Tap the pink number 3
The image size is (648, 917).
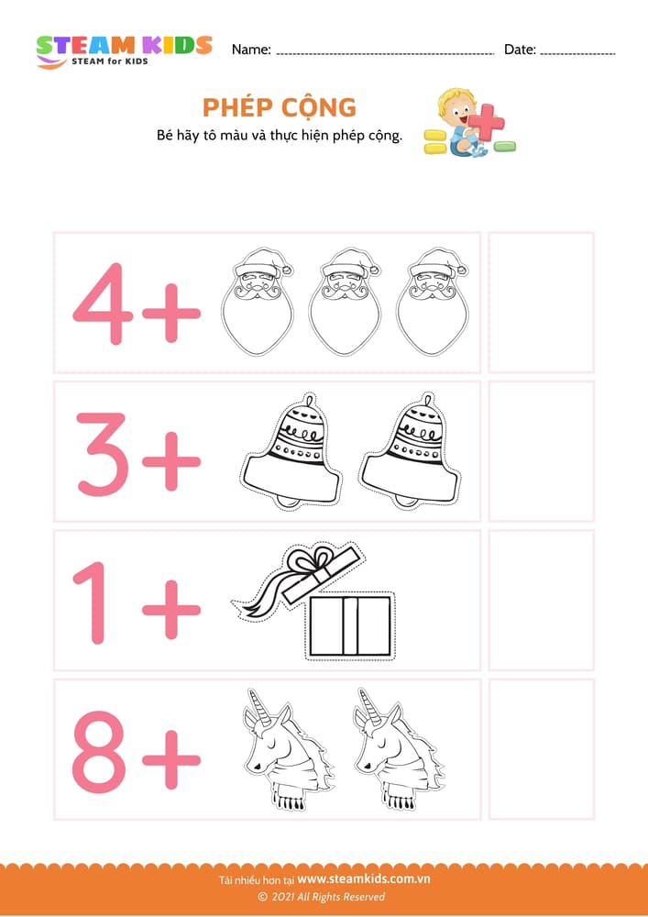103,454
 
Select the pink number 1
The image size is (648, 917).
93,602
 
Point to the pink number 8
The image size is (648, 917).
99,752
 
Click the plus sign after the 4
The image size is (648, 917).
171,313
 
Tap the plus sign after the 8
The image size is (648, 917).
171,759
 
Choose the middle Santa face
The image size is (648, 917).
344,302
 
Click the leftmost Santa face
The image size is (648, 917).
258,302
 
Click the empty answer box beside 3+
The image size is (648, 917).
541,451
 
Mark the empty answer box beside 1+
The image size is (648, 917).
541,600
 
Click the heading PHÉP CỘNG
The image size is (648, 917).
280,107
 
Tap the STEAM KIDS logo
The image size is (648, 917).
124,50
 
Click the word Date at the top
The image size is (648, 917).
520,50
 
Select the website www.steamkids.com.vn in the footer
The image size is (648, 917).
364,879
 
